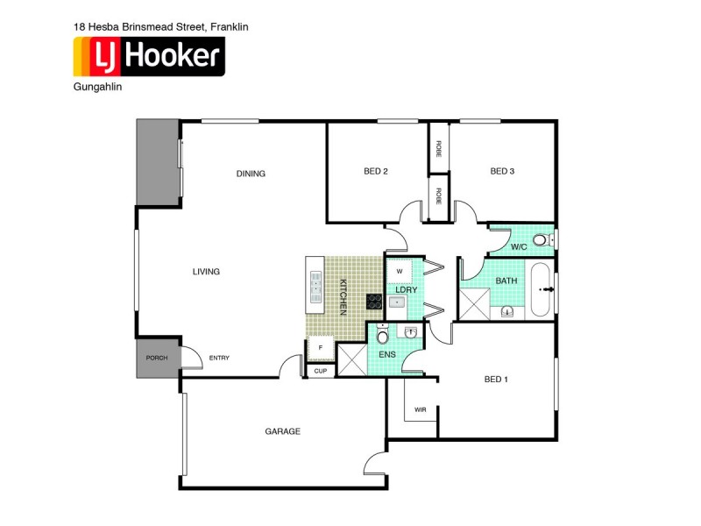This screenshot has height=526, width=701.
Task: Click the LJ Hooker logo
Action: pyautogui.click(x=148, y=57)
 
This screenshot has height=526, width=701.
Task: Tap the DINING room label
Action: pyautogui.click(x=251, y=174)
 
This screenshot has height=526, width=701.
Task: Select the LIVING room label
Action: pyautogui.click(x=206, y=272)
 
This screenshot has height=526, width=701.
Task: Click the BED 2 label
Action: pyautogui.click(x=376, y=172)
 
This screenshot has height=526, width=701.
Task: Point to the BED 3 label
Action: pyautogui.click(x=502, y=172)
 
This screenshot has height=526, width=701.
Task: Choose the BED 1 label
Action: pyautogui.click(x=496, y=380)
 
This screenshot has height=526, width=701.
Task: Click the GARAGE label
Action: pyautogui.click(x=283, y=431)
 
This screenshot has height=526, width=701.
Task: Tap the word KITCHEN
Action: pyautogui.click(x=343, y=296)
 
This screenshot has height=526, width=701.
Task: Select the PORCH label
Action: pyautogui.click(x=157, y=358)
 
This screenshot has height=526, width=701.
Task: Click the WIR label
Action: pyautogui.click(x=421, y=409)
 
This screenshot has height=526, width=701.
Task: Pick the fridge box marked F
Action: pyautogui.click(x=321, y=348)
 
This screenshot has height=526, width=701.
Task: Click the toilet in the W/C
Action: pyautogui.click(x=540, y=239)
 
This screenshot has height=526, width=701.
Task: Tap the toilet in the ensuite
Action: pyautogui.click(x=382, y=335)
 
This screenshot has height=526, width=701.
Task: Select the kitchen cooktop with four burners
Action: pyautogui.click(x=373, y=302)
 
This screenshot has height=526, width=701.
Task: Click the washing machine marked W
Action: pyautogui.click(x=399, y=271)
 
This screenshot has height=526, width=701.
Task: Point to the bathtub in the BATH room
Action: pyautogui.click(x=542, y=288)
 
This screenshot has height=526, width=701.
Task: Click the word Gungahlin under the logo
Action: pyautogui.click(x=97, y=88)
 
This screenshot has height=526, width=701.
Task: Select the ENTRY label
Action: pyautogui.click(x=218, y=358)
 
